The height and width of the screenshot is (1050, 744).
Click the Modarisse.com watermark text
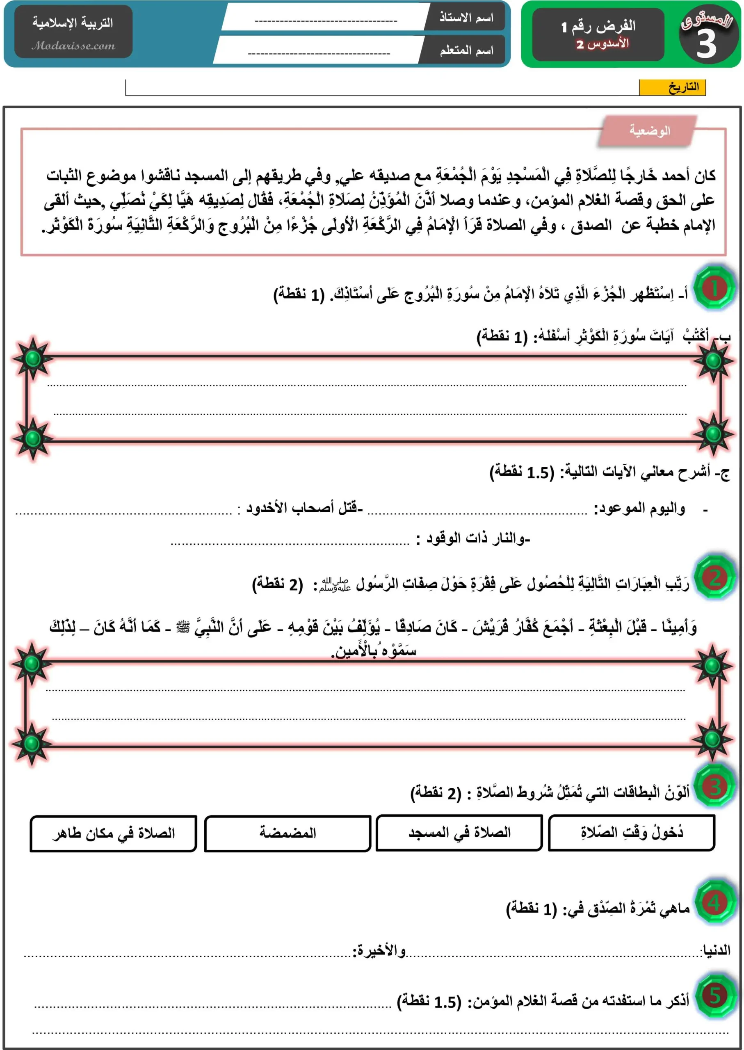[x=73, y=46]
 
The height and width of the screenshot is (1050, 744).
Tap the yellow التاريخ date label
[x=672, y=87]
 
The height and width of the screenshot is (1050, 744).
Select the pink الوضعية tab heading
[x=649, y=131]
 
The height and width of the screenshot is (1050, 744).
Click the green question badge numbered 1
[x=714, y=289]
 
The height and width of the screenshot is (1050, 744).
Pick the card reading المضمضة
[x=288, y=833]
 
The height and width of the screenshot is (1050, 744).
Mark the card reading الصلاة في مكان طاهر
[x=114, y=833]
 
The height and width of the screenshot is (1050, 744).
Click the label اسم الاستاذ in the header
[x=466, y=18]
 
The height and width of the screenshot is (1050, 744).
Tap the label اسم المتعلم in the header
[x=466, y=50]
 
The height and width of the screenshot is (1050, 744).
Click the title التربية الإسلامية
[x=72, y=23]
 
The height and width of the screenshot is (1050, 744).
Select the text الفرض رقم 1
[x=598, y=26]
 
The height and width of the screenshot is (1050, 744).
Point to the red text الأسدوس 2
[x=602, y=44]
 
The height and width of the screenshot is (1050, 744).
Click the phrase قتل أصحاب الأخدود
[x=304, y=508]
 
